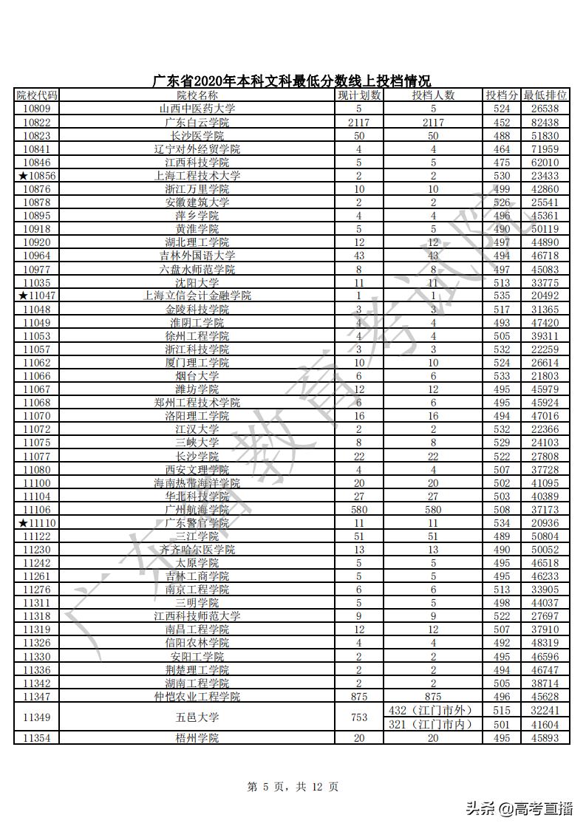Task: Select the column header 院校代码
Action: tap(37, 95)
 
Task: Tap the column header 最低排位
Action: tap(545, 95)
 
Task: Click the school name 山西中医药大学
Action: tap(197, 109)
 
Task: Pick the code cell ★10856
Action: tap(37, 176)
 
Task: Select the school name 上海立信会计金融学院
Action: tap(197, 296)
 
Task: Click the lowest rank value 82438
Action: tap(545, 122)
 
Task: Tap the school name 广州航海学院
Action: tap(197, 510)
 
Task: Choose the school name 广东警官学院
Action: tap(197, 523)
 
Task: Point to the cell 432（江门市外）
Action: tap(433, 710)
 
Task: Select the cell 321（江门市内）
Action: tap(433, 724)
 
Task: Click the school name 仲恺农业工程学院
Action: tap(197, 697)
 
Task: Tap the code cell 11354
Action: tap(37, 738)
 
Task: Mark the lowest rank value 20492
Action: tap(545, 296)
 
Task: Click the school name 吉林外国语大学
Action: tap(197, 256)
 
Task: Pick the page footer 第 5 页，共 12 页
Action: tap(293, 788)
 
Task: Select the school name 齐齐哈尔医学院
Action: tap(197, 550)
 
